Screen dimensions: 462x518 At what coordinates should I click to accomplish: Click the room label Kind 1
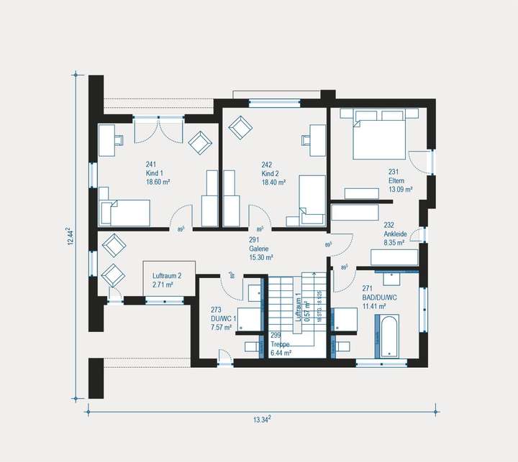155,173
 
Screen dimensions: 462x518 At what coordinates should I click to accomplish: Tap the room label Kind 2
270,173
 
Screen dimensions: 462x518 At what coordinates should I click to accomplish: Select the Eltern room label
397,181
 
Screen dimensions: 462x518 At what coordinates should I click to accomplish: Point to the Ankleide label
395,234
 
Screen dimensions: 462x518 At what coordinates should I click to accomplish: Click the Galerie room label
258,248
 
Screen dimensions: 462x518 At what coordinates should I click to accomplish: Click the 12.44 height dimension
71,236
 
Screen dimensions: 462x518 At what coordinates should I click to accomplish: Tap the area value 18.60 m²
157,183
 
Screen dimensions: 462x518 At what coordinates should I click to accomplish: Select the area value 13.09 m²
400,190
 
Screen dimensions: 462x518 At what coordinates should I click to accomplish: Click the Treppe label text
281,344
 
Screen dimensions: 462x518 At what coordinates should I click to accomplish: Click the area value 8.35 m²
395,243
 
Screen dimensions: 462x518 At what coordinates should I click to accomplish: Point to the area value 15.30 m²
261,257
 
